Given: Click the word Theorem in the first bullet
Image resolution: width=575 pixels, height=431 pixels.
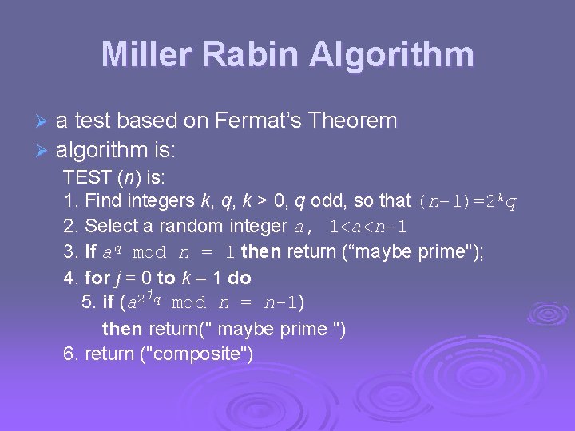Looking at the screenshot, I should click(x=352, y=121).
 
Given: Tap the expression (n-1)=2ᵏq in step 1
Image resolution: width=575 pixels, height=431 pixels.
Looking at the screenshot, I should click(x=466, y=200).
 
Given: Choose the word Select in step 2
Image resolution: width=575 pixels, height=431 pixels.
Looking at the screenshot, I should click(x=110, y=226).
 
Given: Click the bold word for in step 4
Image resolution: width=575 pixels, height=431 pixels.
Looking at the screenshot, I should click(x=97, y=278).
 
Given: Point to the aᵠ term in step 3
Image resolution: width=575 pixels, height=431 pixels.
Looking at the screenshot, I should click(x=109, y=252).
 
